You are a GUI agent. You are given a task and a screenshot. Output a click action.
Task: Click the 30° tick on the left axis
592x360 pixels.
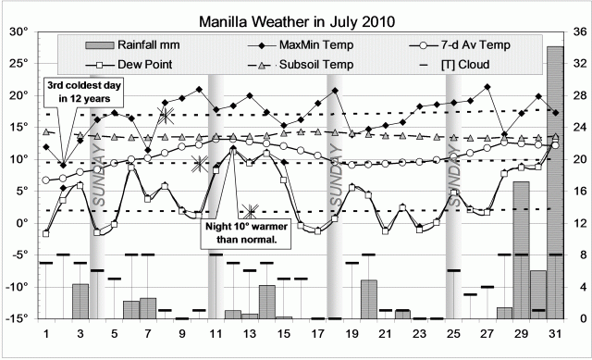click(x=18, y=31)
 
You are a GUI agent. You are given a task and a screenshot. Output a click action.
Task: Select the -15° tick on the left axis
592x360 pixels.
click(x=16, y=318)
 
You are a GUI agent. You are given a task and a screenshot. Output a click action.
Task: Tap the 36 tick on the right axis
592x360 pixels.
click(x=579, y=31)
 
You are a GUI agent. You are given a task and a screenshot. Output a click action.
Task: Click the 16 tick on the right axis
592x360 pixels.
click(x=579, y=191)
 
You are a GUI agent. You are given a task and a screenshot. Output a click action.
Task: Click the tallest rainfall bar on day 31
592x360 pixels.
click(x=554, y=185)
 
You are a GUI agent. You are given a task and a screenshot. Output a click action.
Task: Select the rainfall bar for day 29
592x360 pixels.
click(x=521, y=251)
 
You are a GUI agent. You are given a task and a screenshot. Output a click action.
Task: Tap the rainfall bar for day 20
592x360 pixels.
click(x=369, y=300)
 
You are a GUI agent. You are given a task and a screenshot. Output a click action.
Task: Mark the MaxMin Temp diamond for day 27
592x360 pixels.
click(x=487, y=88)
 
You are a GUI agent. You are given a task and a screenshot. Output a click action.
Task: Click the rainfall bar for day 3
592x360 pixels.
click(x=80, y=302)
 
